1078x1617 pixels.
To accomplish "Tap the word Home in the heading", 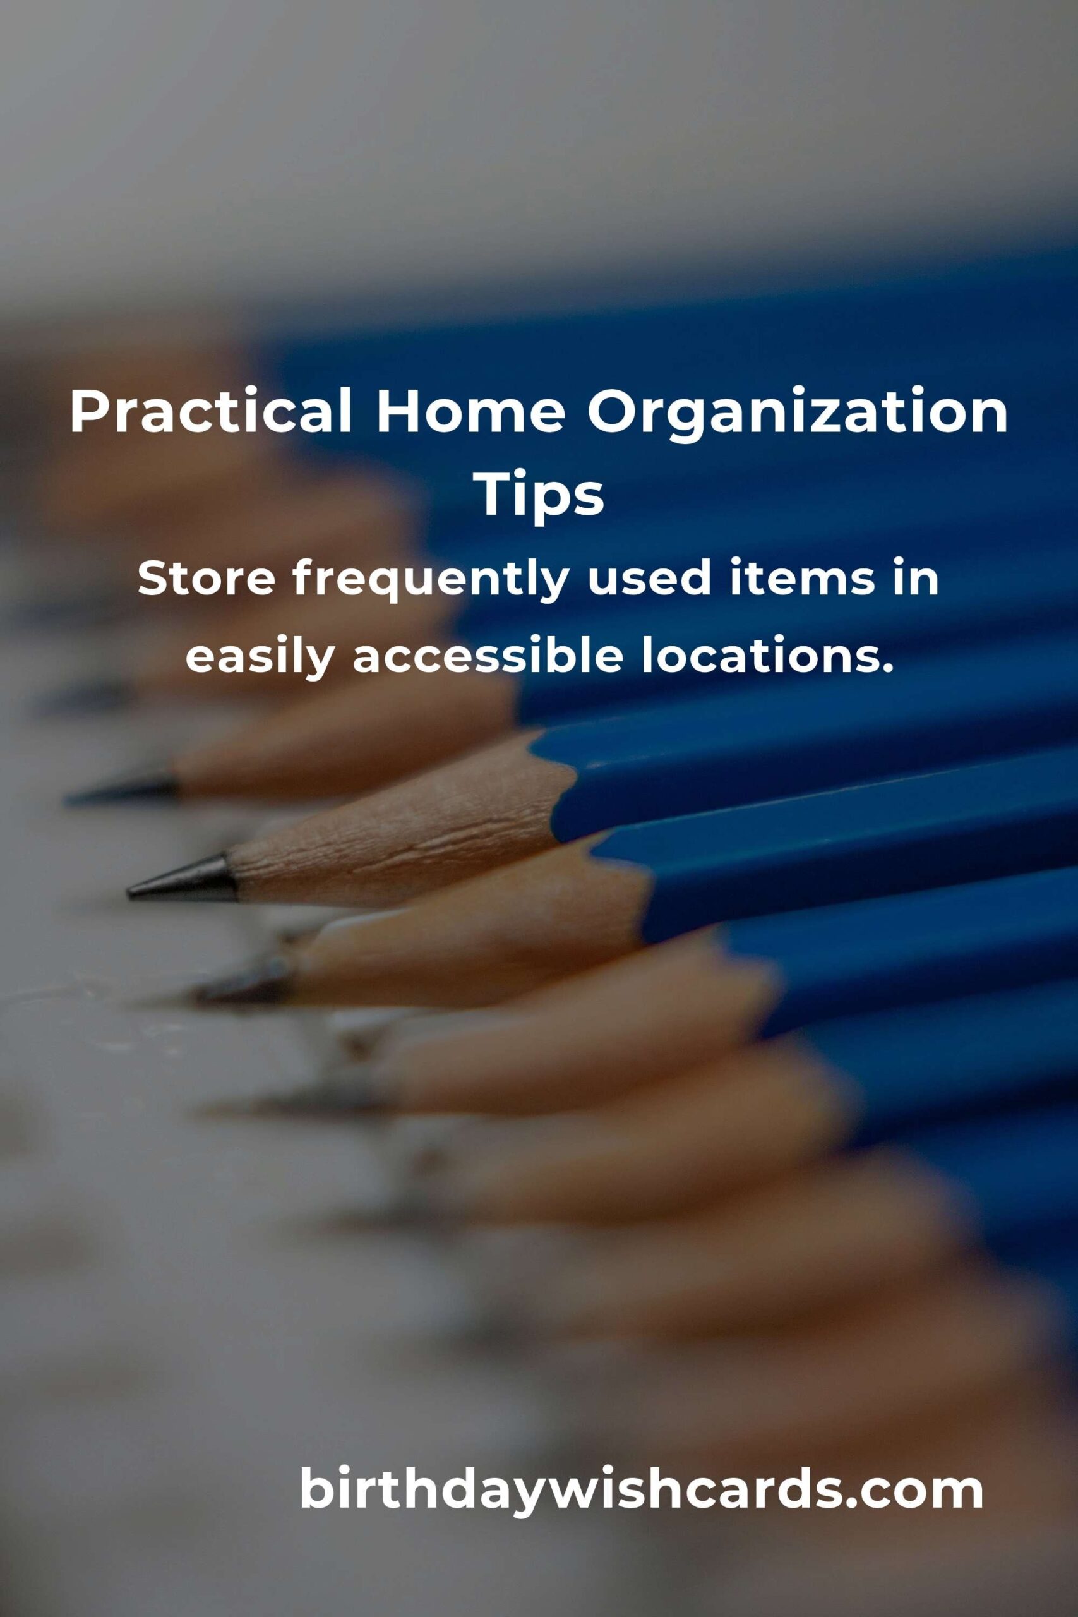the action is (x=471, y=411).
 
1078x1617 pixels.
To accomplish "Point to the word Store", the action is (x=207, y=578).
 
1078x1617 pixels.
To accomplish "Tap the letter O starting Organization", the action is (x=613, y=411).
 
